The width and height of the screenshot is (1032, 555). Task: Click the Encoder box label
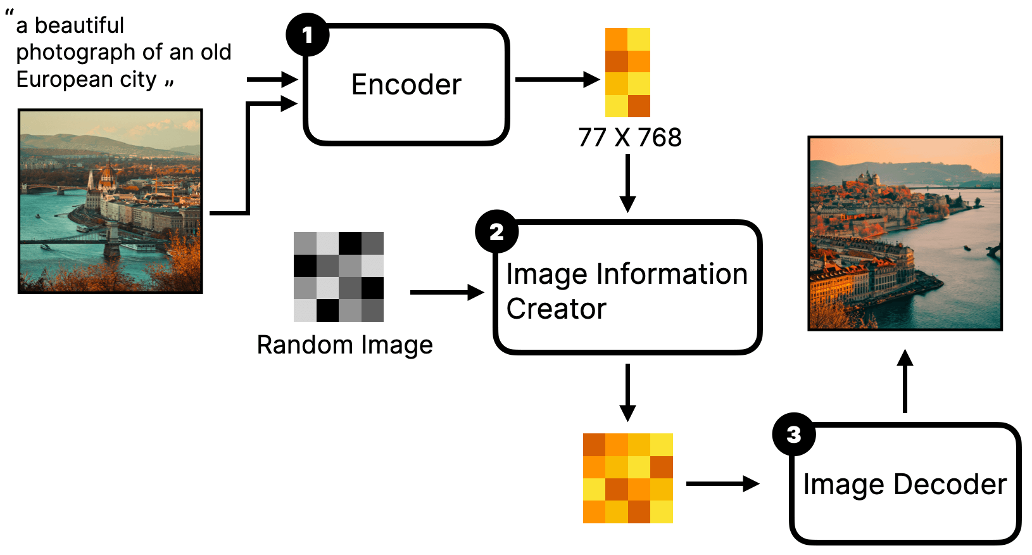[x=406, y=84]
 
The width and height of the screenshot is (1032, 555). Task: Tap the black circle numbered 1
[x=307, y=35]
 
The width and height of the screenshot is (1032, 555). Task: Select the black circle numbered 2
[x=496, y=231]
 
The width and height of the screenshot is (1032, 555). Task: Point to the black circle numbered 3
[x=794, y=434]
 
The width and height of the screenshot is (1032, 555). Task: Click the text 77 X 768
[x=630, y=137]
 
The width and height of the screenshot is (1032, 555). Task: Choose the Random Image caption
[x=344, y=345]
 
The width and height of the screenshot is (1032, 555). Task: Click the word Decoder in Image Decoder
[x=950, y=485]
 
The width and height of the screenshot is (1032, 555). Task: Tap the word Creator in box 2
[x=556, y=309]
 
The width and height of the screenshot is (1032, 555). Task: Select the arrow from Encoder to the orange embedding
[x=557, y=79]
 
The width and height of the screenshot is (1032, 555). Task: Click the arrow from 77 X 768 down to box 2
[x=627, y=184]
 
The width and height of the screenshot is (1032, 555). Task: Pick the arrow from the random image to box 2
[x=447, y=292]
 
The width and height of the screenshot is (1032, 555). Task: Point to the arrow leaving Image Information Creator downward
[x=627, y=393]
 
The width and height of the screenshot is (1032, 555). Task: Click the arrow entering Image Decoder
[x=723, y=483]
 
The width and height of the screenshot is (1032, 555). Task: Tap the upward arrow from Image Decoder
[x=905, y=381]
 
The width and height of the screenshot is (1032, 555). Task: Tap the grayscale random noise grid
[x=339, y=277]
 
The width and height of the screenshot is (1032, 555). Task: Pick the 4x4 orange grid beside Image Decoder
[x=628, y=478]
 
